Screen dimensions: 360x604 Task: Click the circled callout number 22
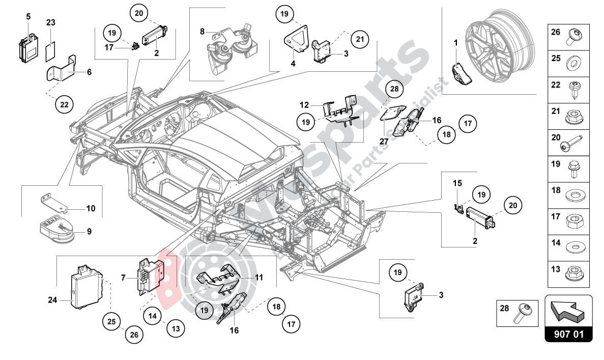click(64, 104)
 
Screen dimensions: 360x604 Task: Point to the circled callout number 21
click(360, 38)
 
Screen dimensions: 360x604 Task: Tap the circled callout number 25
click(111, 321)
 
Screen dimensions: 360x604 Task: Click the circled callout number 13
click(176, 329)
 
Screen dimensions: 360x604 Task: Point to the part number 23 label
click(50, 22)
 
